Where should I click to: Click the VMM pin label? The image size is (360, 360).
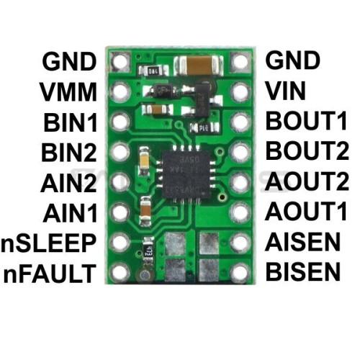68,91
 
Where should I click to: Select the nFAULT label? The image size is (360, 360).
50,273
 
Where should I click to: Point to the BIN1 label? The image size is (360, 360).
71,122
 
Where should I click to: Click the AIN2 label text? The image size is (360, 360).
68,182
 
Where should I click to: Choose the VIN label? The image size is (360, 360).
286,91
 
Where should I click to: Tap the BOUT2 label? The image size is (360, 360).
307,151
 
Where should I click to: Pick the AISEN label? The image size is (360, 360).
302,242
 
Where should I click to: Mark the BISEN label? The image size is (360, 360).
303,271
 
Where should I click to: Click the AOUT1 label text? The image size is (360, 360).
306,212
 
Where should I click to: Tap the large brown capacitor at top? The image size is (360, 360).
199,65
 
